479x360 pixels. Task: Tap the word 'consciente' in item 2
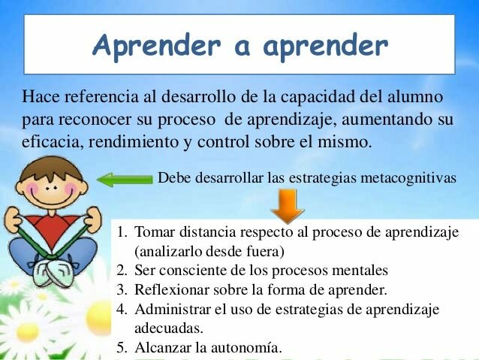pos(191,271)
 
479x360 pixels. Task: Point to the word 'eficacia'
pos(47,140)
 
